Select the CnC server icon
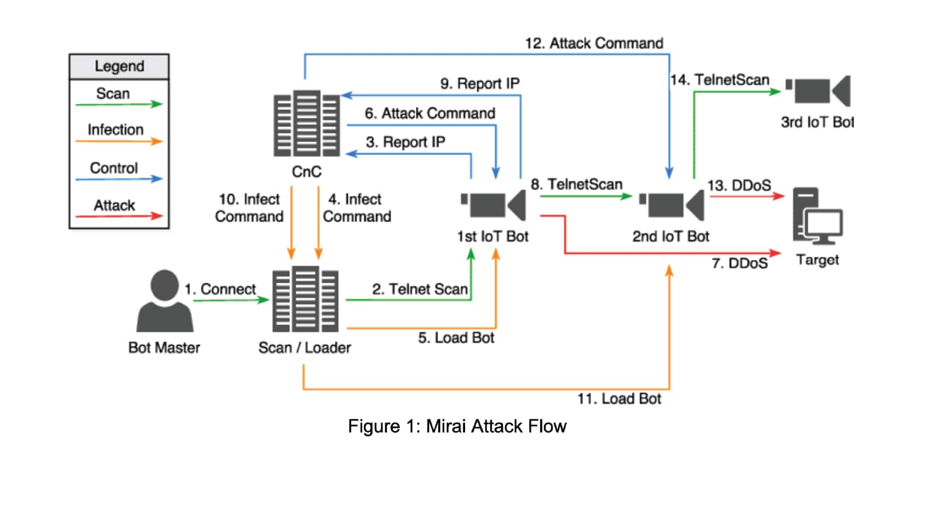click(306, 123)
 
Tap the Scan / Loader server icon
click(305, 299)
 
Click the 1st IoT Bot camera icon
click(494, 205)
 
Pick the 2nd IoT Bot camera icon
click(673, 205)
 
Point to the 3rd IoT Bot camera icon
click(819, 91)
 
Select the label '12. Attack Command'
click(594, 43)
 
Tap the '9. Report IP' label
click(480, 84)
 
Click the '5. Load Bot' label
click(456, 338)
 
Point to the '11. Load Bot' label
click(619, 399)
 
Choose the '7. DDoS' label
click(740, 264)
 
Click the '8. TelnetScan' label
click(577, 184)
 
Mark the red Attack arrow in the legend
click(119, 216)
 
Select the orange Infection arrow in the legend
click(119, 141)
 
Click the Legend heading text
click(120, 66)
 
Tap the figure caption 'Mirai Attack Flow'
click(457, 427)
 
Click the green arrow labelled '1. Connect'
click(231, 300)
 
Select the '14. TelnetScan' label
click(720, 80)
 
